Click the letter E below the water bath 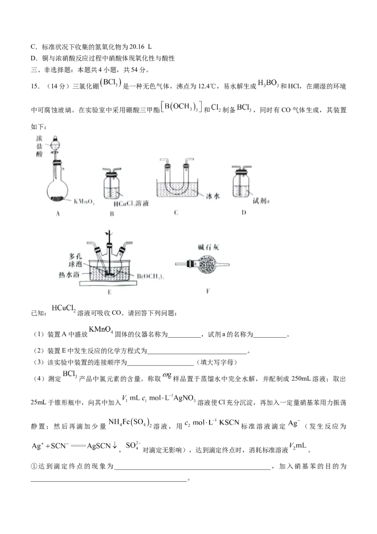point(109,292)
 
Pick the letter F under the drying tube point(207,291)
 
